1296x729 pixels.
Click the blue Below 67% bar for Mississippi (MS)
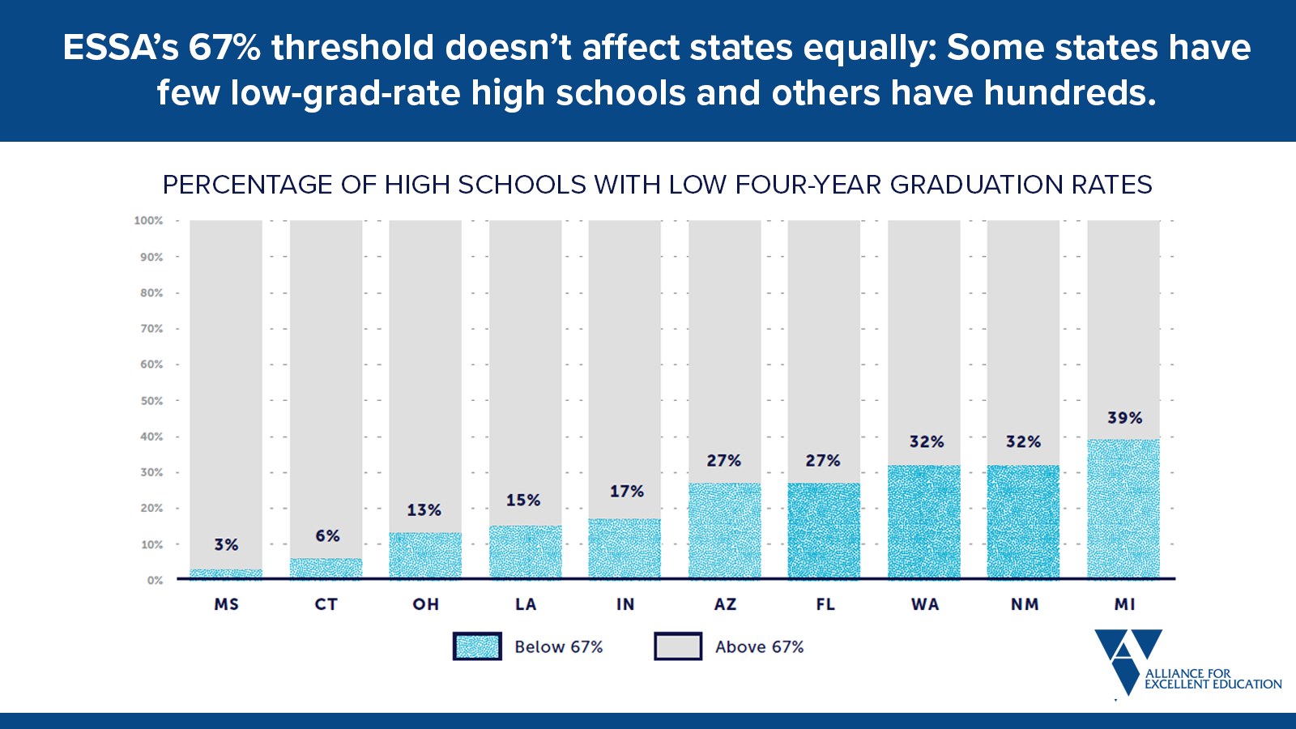point(226,573)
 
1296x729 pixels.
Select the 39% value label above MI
point(1124,418)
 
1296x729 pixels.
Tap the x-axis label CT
point(326,604)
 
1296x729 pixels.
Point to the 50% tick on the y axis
point(151,401)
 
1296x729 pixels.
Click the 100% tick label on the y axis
point(148,220)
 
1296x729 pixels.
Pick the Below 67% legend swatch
point(477,646)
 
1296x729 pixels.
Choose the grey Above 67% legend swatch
point(678,646)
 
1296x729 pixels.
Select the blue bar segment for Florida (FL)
point(824,531)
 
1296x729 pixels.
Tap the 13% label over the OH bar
point(424,510)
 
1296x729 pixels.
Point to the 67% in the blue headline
point(224,48)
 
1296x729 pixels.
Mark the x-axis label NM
point(1024,604)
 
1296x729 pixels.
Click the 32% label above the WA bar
point(926,441)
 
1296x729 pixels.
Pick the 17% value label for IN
point(626,492)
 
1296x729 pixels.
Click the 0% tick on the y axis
point(155,581)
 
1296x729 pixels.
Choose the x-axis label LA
point(526,604)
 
